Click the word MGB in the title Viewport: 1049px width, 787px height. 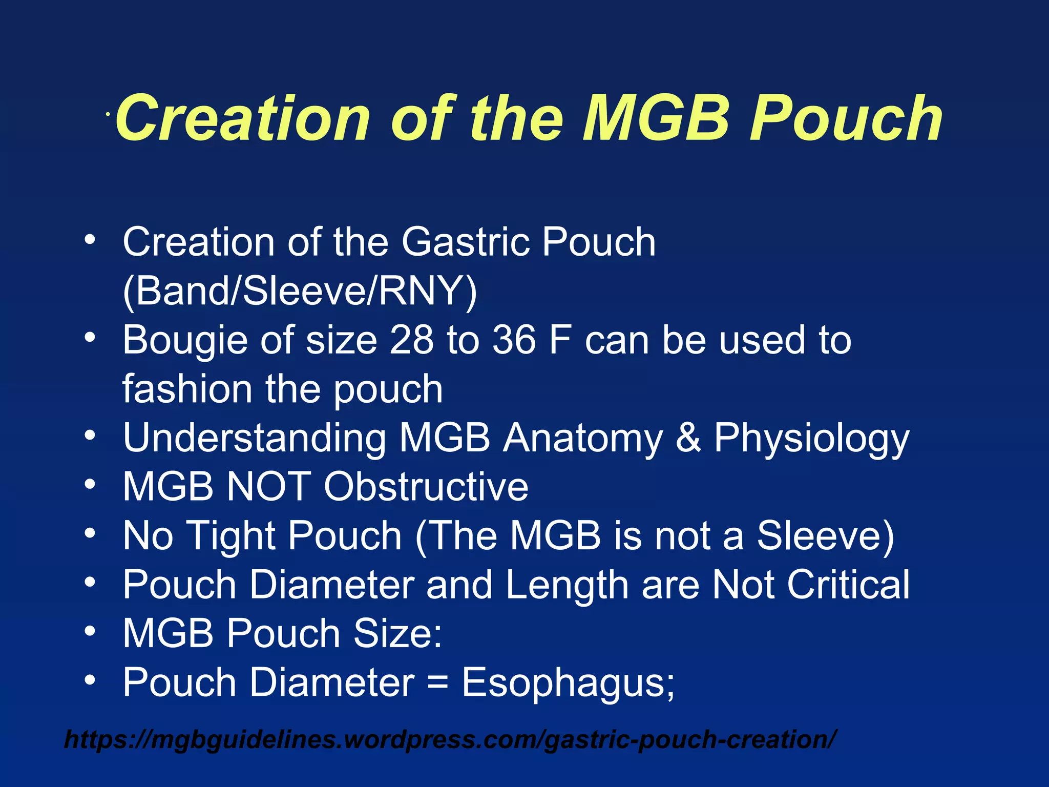656,119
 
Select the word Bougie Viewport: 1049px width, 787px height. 185,341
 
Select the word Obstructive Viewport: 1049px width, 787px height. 426,486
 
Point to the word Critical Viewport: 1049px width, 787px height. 848,584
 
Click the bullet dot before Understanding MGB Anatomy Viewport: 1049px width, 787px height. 90,436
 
